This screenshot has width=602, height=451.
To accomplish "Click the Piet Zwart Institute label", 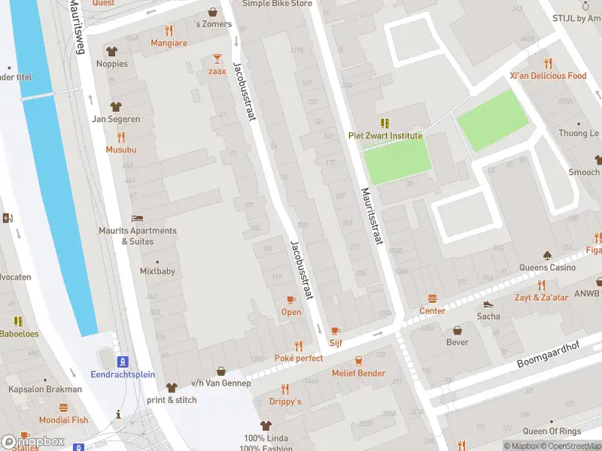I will click(x=385, y=135).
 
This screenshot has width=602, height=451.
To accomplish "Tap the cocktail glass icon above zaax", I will click(x=217, y=58).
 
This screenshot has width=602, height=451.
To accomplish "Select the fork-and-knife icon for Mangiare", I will click(x=169, y=31).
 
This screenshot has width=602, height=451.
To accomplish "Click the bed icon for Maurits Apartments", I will click(x=138, y=218).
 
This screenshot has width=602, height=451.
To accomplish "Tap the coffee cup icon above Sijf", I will click(x=336, y=330).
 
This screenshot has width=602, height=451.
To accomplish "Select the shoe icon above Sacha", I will click(x=488, y=304).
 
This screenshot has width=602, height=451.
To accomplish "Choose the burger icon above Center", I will click(x=432, y=298).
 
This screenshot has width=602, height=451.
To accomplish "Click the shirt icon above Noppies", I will click(x=112, y=51).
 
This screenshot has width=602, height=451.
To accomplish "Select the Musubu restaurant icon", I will click(x=121, y=137).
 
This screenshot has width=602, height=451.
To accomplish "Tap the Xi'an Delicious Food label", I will click(x=548, y=76).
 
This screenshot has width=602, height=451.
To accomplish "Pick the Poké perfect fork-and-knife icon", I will click(x=299, y=346).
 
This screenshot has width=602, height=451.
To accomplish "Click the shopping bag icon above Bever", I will click(x=457, y=330).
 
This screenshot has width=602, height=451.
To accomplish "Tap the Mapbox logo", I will click(x=32, y=441).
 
